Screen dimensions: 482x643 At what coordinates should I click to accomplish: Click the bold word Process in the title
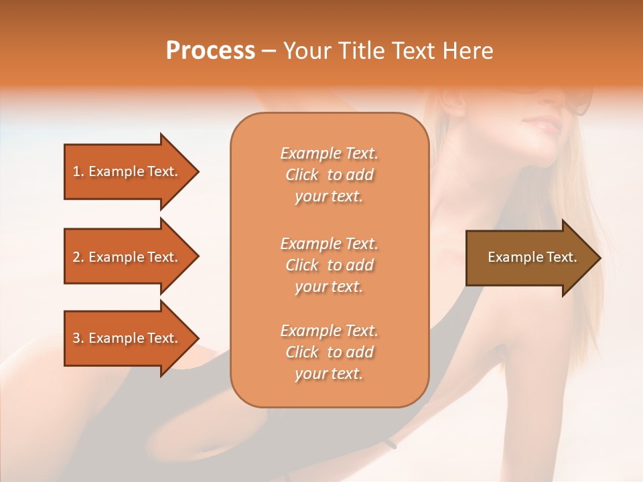[210, 51]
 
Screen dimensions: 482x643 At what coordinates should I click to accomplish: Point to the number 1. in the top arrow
[78, 171]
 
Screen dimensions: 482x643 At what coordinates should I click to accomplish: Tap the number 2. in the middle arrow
[78, 257]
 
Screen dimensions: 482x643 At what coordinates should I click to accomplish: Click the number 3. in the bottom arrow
[78, 338]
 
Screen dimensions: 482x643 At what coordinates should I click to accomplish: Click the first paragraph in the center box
[330, 175]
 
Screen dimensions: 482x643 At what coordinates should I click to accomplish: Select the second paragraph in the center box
[330, 265]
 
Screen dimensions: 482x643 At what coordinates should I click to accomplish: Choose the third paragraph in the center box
[330, 352]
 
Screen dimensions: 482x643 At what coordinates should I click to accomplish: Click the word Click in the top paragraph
[302, 175]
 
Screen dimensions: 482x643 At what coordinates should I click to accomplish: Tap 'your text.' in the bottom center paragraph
[329, 374]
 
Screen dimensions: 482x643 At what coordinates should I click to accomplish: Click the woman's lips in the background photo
[543, 125]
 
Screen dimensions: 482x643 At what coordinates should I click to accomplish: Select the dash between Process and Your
[269, 52]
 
